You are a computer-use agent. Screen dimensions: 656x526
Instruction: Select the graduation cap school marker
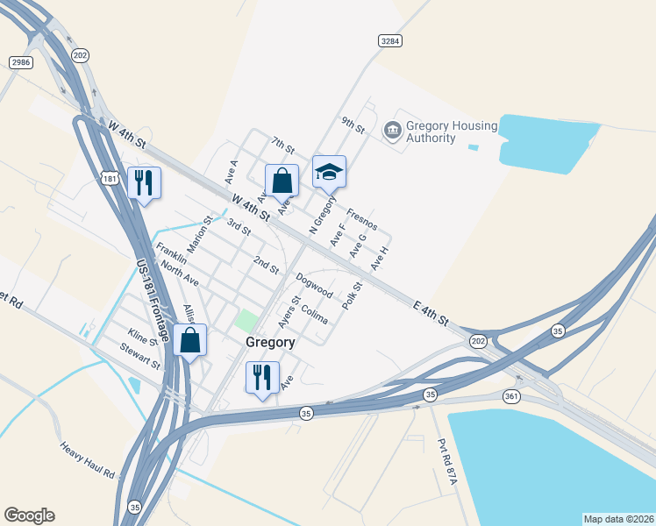[329, 172]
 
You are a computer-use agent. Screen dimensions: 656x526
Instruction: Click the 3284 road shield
[390, 41]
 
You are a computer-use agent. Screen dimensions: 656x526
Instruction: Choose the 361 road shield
[512, 397]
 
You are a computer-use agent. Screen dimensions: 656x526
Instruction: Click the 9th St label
[353, 125]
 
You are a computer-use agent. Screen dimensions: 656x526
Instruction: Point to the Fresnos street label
[361, 219]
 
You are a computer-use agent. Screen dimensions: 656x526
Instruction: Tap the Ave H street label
[379, 259]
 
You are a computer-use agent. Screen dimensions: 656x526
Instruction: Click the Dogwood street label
[314, 285]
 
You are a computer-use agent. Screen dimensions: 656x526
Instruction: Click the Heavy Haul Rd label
[88, 460]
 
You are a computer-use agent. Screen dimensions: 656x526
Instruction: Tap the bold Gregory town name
[269, 342]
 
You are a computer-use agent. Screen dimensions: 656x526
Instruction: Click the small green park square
[246, 320]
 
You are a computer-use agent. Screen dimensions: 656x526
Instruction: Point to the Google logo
[29, 515]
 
